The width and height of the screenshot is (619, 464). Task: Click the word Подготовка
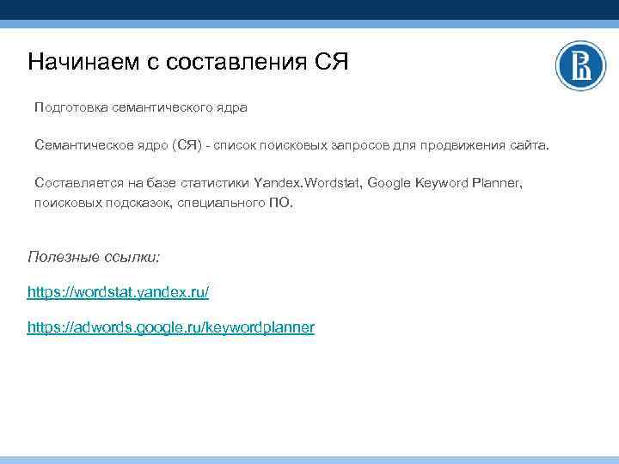click(71, 107)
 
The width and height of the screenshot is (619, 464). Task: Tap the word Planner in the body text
click(496, 183)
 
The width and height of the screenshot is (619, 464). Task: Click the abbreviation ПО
click(282, 205)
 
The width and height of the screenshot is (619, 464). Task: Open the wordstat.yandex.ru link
click(118, 292)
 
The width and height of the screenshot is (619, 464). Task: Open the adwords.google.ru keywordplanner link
click(171, 327)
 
